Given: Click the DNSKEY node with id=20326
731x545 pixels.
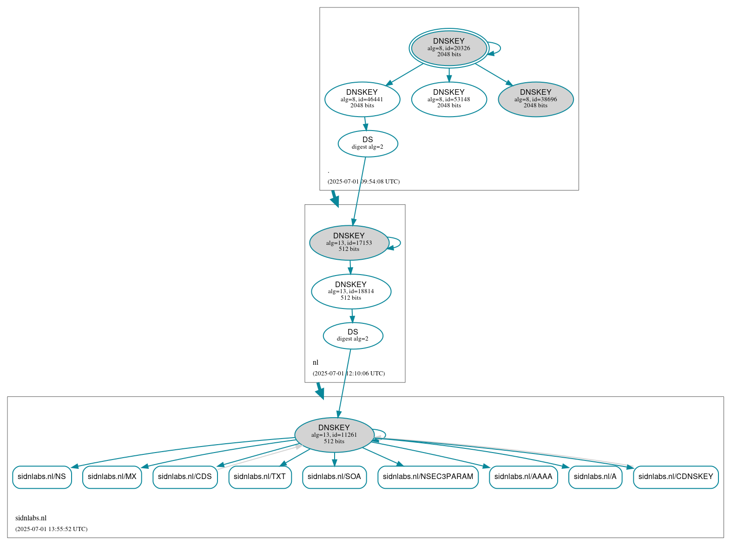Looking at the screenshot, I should pyautogui.click(x=448, y=48).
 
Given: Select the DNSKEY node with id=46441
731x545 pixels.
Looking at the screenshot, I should pyautogui.click(x=362, y=99).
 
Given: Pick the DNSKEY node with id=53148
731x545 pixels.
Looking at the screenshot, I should pyautogui.click(x=448, y=99).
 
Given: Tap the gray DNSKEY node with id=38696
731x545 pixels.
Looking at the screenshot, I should pyautogui.click(x=535, y=99).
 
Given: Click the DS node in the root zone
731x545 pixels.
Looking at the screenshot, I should pyautogui.click(x=368, y=144).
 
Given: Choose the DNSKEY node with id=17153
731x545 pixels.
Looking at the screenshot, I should pyautogui.click(x=349, y=243).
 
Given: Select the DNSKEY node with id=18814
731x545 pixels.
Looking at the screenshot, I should pyautogui.click(x=351, y=291).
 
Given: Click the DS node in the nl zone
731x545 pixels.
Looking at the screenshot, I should pyautogui.click(x=353, y=335).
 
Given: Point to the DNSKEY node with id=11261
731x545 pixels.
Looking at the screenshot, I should pyautogui.click(x=334, y=435).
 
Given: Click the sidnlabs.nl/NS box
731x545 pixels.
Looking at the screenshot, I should pyautogui.click(x=42, y=477).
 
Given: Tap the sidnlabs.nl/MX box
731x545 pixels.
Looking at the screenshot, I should pyautogui.click(x=112, y=477).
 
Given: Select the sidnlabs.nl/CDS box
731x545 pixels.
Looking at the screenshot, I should pyautogui.click(x=185, y=477).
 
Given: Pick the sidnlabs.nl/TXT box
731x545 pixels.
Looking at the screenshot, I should pyautogui.click(x=260, y=477).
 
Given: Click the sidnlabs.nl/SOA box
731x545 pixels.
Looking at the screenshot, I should pyautogui.click(x=334, y=477).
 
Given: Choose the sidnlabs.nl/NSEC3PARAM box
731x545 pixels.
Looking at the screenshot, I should pyautogui.click(x=428, y=477).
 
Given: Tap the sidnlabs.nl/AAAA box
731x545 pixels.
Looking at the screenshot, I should pyautogui.click(x=523, y=477).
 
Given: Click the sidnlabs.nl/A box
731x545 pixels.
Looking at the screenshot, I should pyautogui.click(x=595, y=477).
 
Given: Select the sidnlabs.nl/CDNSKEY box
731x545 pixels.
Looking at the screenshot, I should pyautogui.click(x=676, y=477).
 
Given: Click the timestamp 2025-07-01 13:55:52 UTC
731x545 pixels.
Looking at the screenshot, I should pyautogui.click(x=51, y=529).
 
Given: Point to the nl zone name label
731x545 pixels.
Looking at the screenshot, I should pyautogui.click(x=316, y=362).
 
